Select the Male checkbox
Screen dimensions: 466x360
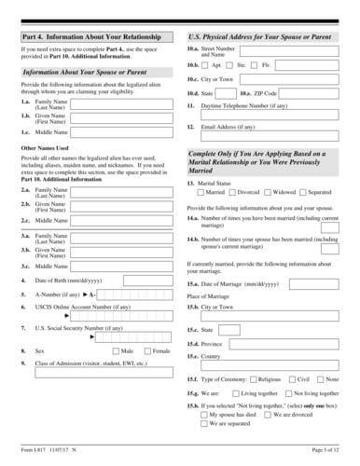[x=116, y=350]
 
